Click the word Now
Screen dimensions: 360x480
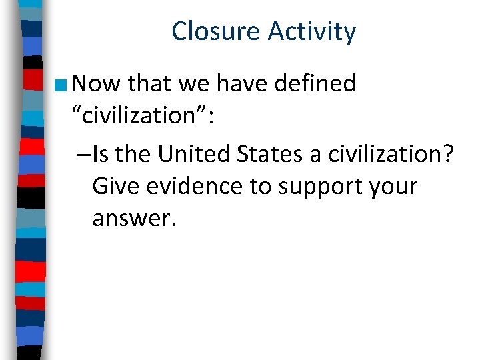pos(96,84)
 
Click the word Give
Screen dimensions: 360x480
pos(113,187)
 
